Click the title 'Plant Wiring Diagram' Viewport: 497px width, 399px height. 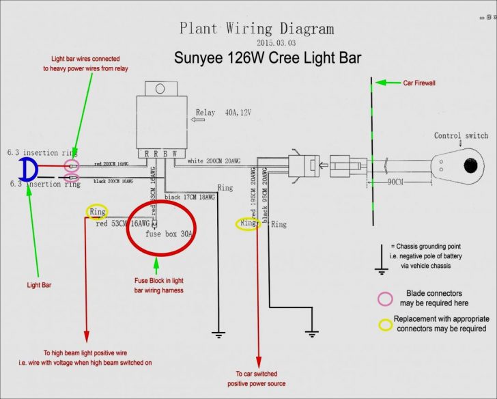257,29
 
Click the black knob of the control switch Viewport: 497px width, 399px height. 470,166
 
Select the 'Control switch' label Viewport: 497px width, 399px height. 461,136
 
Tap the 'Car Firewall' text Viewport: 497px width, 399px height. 418,83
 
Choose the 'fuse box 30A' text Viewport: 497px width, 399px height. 170,233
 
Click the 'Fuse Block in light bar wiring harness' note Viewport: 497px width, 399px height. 158,286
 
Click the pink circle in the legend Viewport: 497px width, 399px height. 386,298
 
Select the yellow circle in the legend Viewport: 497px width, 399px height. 386,323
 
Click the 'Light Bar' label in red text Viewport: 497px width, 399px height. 39,285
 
